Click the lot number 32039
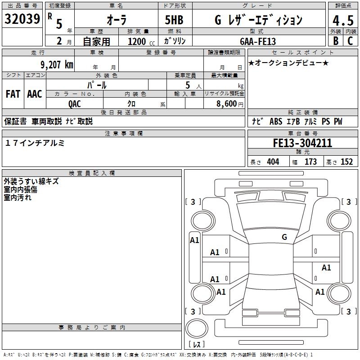pyautogui.click(x=22, y=19)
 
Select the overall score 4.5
pyautogui.click(x=342, y=20)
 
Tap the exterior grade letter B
pyautogui.click(x=335, y=40)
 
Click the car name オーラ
pyautogui.click(x=116, y=20)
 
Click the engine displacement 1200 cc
pyautogui.click(x=140, y=41)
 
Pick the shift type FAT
pyautogui.click(x=13, y=94)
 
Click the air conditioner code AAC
pyautogui.click(x=35, y=94)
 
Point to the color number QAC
pyautogui.click(x=75, y=103)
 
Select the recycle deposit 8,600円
pyautogui.click(x=229, y=103)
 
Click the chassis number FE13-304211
pyautogui.click(x=302, y=143)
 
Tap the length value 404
pyautogui.click(x=273, y=162)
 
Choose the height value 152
pyautogui.click(x=346, y=162)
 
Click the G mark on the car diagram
pyautogui.click(x=284, y=237)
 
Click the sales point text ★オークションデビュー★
pyautogui.click(x=288, y=63)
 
